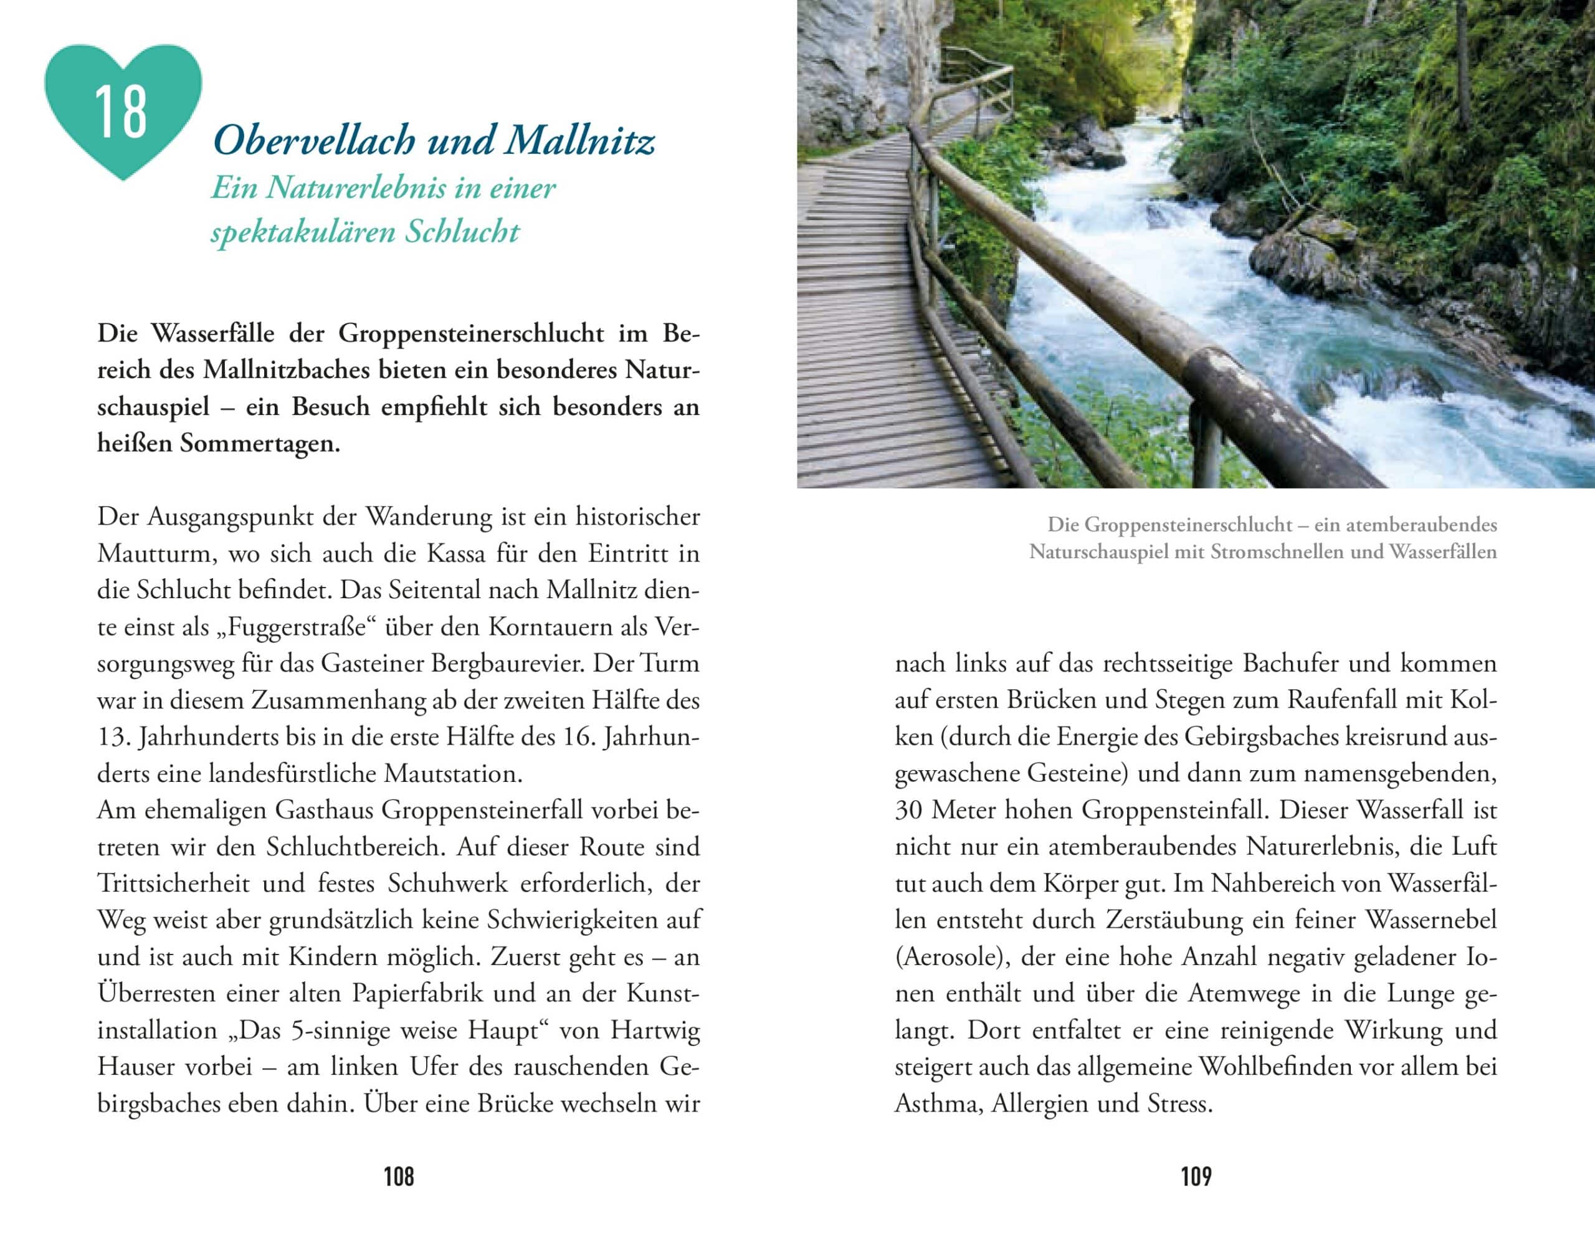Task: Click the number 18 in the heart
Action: click(x=120, y=113)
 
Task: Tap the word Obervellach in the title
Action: click(x=315, y=140)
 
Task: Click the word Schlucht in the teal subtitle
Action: click(x=462, y=232)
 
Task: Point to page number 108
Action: click(x=399, y=1176)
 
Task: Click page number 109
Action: click(x=1196, y=1176)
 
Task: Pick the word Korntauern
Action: click(x=546, y=627)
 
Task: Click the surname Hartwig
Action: click(x=655, y=1031)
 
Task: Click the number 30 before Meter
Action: click(x=909, y=809)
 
